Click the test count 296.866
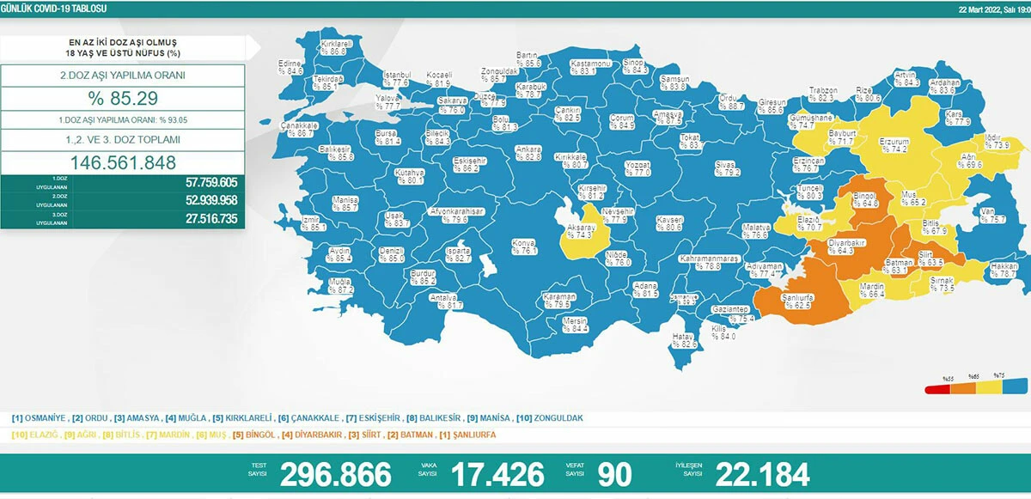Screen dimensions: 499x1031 pyautogui.click(x=335, y=474)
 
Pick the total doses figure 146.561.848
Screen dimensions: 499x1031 pyautogui.click(x=124, y=162)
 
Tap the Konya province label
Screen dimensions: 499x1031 pyautogui.click(x=524, y=246)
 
